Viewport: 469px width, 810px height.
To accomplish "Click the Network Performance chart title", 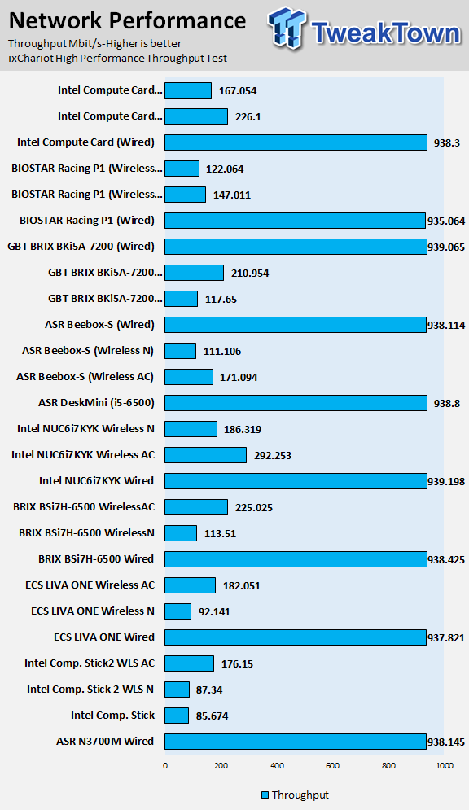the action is click(128, 21).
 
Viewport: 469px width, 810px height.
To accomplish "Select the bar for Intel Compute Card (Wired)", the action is click(296, 142).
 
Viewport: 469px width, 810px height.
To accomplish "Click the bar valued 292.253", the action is click(205, 455).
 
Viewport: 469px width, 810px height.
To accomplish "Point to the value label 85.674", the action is click(212, 716).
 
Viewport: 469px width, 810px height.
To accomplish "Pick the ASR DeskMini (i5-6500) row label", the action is click(97, 402).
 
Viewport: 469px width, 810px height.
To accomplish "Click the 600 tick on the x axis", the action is click(333, 765).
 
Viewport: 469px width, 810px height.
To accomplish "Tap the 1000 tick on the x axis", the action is click(445, 765).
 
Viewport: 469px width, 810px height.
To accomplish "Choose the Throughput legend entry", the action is click(295, 795).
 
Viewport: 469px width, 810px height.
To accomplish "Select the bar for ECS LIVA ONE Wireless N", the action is click(178, 611).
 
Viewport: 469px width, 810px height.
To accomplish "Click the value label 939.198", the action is click(446, 481).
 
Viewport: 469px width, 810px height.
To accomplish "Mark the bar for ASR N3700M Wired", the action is click(296, 742).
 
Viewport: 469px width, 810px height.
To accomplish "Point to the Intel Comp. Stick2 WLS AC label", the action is click(90, 663).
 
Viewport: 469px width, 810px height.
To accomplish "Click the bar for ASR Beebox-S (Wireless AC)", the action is click(189, 377).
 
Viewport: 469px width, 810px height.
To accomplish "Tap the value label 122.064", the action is click(225, 169).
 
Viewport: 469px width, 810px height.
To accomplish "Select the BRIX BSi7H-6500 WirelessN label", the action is click(87, 532).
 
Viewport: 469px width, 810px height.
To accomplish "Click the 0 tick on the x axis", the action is click(165, 765).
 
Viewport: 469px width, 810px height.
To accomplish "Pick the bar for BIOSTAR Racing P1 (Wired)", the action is click(296, 221).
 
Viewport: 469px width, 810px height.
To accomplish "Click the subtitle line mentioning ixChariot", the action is click(118, 59).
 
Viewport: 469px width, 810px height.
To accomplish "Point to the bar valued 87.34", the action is click(178, 690).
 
